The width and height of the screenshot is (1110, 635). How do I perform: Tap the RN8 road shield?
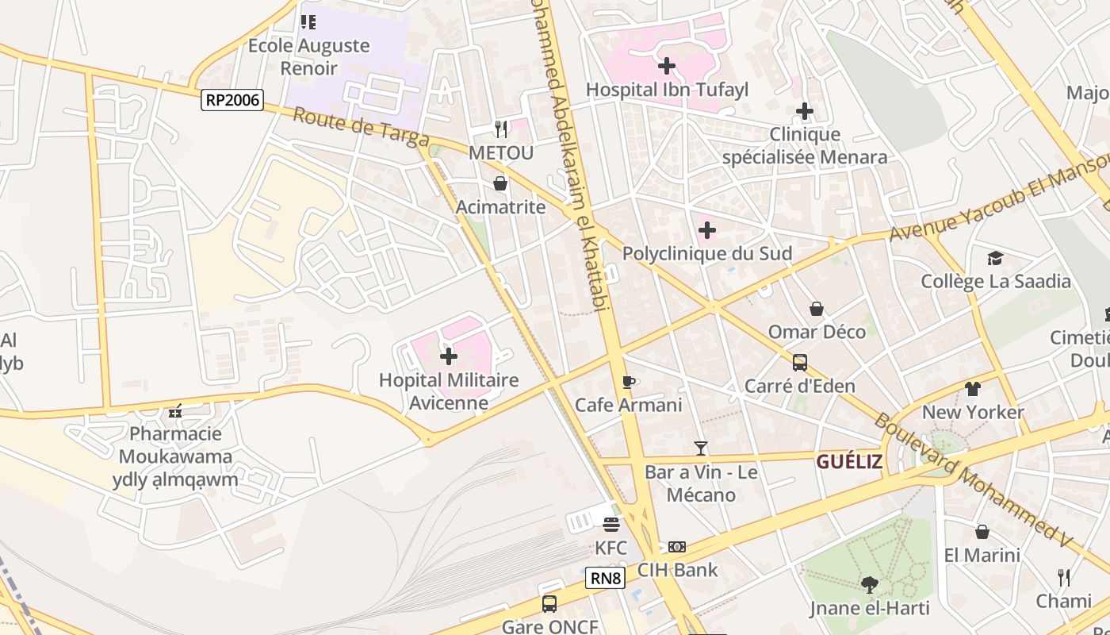coord(606,578)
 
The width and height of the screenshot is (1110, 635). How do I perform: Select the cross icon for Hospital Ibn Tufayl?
coord(667,66)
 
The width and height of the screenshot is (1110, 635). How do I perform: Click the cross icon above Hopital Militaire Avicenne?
coord(449,356)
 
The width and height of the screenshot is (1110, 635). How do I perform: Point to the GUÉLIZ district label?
coord(849,462)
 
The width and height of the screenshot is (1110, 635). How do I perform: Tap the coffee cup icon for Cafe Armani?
coord(629,382)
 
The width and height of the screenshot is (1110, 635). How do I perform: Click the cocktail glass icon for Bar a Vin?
coord(700,448)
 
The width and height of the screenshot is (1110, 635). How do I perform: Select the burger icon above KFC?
coord(610,524)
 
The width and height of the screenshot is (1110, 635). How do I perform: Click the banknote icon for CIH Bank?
coord(677,546)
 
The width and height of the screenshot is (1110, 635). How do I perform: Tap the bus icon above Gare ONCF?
coord(549,603)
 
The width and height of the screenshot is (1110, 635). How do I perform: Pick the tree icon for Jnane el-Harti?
coord(870,585)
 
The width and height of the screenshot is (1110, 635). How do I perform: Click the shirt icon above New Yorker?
coord(973,389)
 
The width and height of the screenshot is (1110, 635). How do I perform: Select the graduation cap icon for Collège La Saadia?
coord(995,258)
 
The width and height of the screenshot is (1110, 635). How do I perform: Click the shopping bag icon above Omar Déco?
coord(817,308)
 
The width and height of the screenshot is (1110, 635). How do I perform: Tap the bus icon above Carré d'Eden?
coord(800,363)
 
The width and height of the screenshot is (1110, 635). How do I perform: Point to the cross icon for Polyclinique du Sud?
coord(707,230)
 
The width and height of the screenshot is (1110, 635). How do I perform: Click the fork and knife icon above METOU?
coord(500,128)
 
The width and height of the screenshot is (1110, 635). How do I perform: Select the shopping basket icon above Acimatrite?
coord(500,183)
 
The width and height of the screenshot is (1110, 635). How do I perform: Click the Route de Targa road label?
coord(361,129)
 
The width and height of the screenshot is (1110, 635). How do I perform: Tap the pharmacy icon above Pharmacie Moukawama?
coord(175,411)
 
